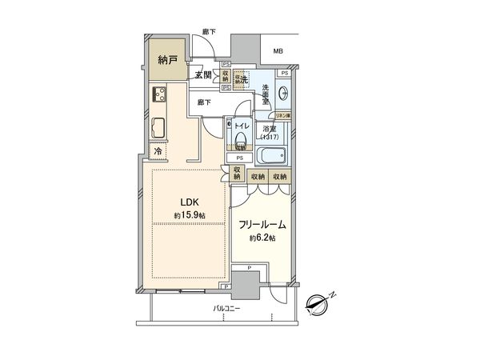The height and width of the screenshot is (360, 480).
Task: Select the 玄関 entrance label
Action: pos(202,76)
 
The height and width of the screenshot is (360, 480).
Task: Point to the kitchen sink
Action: pos(158,127)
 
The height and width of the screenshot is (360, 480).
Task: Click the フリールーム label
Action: pos(262,226)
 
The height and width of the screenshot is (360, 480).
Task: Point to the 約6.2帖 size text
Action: pos(262,238)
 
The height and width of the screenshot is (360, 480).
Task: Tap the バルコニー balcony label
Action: pos(228,308)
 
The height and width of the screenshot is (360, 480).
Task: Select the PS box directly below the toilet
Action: pos(239,158)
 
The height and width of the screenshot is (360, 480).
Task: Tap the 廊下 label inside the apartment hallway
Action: pos(204,102)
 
